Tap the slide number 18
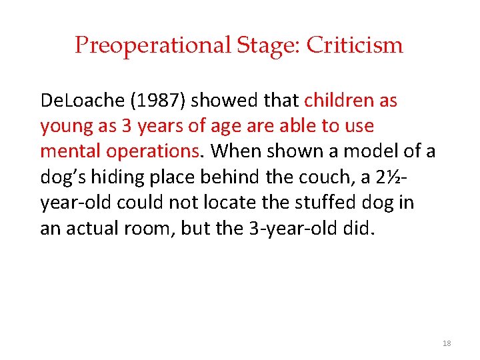click(447, 343)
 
